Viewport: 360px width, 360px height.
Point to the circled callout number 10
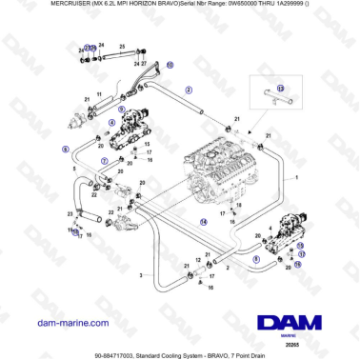170,66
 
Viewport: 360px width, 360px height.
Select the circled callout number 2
189,90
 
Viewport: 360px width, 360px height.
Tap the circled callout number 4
111,123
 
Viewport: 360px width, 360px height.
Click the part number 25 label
123,46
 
